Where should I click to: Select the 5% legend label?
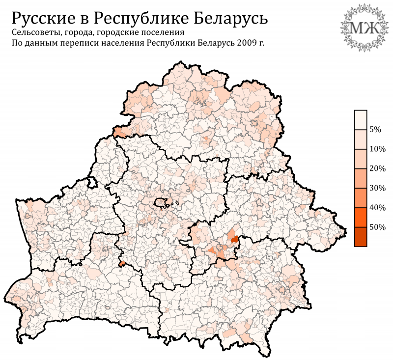375,130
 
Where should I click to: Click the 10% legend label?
377,149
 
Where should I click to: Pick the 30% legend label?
377,188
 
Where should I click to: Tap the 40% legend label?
377,208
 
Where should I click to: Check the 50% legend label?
377,227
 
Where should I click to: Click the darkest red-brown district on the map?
234,239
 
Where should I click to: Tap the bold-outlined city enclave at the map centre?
161,202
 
